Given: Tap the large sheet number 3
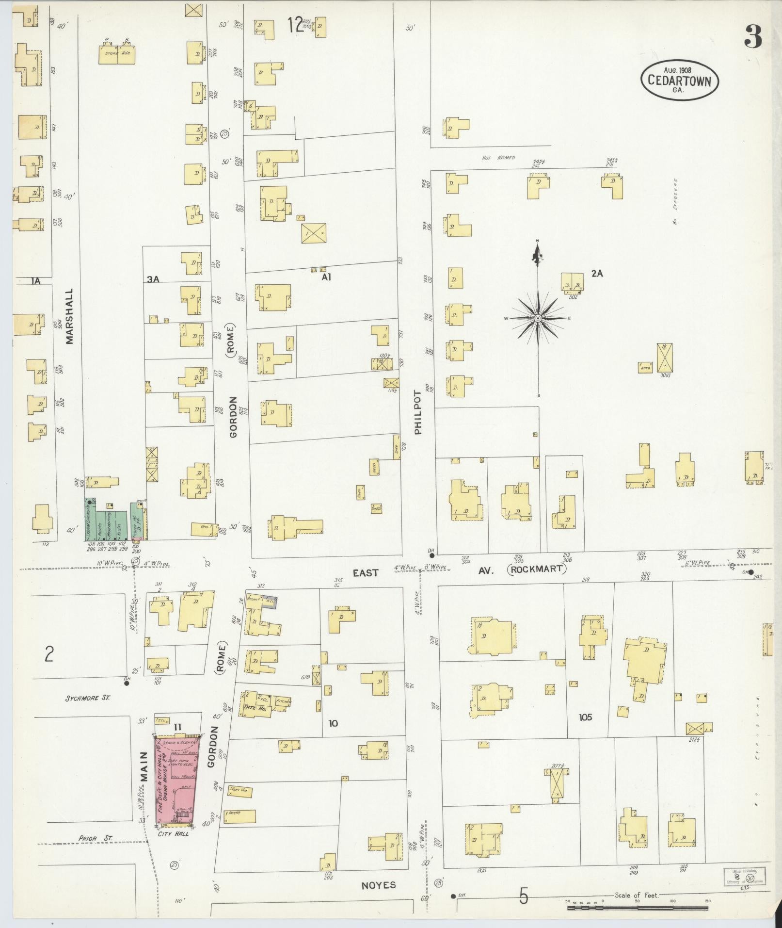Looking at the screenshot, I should (753, 36).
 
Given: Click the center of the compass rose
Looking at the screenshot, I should (538, 318).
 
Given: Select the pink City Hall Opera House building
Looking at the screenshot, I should (175, 781).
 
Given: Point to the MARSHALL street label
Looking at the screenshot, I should (69, 316).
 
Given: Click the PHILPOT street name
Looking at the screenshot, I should (418, 412).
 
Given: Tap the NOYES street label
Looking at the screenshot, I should (379, 885).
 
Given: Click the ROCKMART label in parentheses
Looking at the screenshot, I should (537, 569).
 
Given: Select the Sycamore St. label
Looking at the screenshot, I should (88, 698).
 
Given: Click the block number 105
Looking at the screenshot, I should (585, 717).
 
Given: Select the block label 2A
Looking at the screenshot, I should (597, 274).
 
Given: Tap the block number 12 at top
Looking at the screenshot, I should (295, 24).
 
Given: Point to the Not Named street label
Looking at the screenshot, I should (498, 158).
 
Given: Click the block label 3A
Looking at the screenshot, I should (153, 279).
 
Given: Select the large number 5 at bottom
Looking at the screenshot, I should (523, 896).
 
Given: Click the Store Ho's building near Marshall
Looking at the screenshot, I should (117, 54).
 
